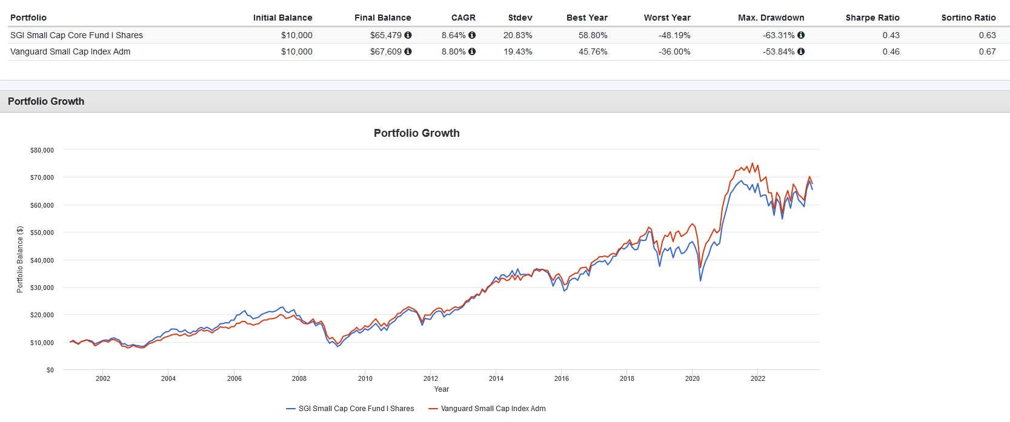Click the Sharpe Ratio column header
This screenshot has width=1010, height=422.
(872, 18)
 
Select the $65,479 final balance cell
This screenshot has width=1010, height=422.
(386, 35)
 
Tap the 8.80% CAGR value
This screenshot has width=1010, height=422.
(453, 51)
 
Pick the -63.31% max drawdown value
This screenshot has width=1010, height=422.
(779, 35)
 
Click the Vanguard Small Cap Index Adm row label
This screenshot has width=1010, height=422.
(70, 51)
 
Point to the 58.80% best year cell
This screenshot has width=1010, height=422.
(593, 35)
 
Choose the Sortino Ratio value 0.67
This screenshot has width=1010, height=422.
(987, 51)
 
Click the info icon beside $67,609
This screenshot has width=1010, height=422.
(408, 51)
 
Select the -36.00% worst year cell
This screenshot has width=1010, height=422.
(674, 51)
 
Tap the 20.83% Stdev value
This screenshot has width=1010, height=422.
(517, 35)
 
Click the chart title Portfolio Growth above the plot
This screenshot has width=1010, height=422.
(416, 133)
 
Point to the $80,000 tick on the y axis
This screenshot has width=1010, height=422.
(42, 150)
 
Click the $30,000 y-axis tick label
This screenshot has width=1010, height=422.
(42, 288)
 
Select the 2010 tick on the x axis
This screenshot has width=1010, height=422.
(365, 378)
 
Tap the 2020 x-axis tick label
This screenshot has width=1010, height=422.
(692, 378)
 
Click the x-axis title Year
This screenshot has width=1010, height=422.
(441, 389)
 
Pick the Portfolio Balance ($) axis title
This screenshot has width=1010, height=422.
(20, 260)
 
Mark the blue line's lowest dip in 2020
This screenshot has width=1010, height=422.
(700, 280)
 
